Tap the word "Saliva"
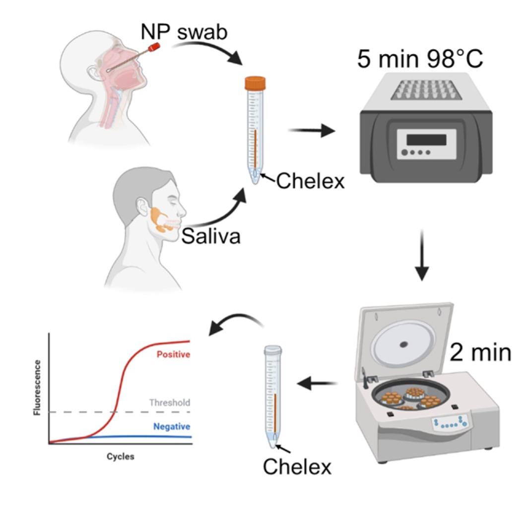(x=210, y=236)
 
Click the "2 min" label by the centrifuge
(x=480, y=353)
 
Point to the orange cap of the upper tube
(x=255, y=83)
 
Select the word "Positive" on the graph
(x=173, y=355)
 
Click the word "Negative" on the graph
(x=172, y=426)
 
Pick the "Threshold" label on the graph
(x=170, y=402)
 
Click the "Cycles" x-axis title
(x=120, y=457)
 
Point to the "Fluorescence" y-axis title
(x=38, y=388)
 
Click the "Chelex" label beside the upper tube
(x=310, y=181)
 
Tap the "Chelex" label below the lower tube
(x=297, y=466)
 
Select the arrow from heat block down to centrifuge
(x=421, y=255)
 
